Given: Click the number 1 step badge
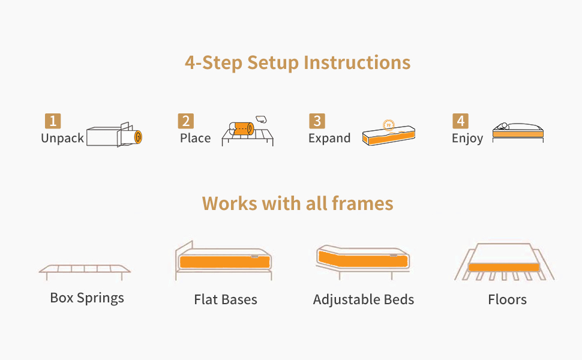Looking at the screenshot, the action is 53,121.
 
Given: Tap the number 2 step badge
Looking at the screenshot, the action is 185,121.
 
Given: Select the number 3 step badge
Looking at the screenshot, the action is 317,121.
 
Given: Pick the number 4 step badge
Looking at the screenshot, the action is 460,121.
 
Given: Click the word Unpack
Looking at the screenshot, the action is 62,139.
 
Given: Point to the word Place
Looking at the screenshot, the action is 195,138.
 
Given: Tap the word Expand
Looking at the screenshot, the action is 329,139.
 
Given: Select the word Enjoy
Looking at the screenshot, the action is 467,139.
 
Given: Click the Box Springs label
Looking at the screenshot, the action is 87,298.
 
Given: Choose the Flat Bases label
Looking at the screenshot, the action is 226,299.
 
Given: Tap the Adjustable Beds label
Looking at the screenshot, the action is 364,300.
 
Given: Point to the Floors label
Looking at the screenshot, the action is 507,299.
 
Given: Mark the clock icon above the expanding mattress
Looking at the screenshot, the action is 389,125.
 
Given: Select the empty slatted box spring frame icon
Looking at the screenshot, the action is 85,272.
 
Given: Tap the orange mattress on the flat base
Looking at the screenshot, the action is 224,262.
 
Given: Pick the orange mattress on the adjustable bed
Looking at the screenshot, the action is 363,259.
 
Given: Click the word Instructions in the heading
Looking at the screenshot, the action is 357,62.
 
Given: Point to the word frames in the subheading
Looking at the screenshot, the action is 362,203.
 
